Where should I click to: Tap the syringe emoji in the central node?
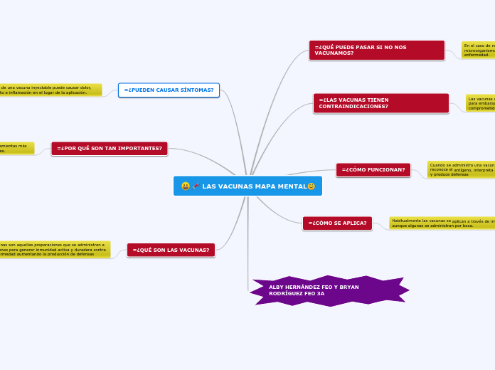coord(196,186)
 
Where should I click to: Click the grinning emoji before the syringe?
coord(186,186)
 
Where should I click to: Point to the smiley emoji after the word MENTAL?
coord(311,186)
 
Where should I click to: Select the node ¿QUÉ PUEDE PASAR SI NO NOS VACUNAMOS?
coord(376,50)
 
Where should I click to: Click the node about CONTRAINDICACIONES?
coord(380,103)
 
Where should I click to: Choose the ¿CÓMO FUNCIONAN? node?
coord(373,170)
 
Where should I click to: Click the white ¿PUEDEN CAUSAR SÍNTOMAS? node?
coord(169,90)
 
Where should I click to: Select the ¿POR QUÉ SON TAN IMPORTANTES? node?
coord(109,149)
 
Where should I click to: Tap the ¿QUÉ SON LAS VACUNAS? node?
coord(171,250)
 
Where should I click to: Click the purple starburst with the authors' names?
coord(329,290)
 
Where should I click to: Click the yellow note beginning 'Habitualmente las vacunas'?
coord(442,223)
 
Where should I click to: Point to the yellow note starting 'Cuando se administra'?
coord(460,169)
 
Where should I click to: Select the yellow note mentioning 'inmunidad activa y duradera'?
coord(55,249)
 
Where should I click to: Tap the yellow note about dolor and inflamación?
coord(50,90)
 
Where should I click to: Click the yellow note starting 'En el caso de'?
coord(478,50)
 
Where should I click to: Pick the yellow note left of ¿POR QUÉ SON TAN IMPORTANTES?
coord(16,148)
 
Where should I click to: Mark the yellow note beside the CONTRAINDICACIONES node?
coord(480,103)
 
